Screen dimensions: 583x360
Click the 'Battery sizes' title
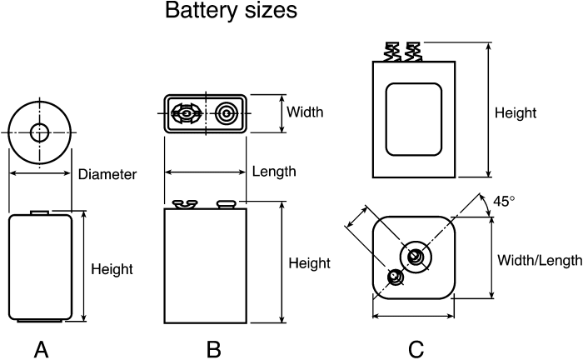(231, 10)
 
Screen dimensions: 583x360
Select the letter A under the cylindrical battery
(42, 350)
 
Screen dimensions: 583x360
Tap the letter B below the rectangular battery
(214, 350)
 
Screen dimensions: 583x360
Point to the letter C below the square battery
(416, 350)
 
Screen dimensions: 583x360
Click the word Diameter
(107, 174)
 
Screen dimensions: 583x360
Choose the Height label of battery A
(112, 269)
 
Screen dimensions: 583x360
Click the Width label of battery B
(305, 112)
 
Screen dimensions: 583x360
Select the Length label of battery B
(274, 172)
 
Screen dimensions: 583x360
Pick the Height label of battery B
(309, 263)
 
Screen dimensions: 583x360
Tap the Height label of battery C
(516, 112)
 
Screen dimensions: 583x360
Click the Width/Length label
(540, 260)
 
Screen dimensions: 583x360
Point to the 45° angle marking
(504, 201)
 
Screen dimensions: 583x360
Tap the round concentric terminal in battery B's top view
(226, 112)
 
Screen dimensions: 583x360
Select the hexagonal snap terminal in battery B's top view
(187, 113)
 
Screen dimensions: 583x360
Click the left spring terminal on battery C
(392, 52)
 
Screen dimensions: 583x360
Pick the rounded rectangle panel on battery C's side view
(413, 119)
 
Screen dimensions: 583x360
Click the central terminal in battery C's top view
(416, 257)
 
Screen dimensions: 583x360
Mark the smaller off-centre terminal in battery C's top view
(395, 277)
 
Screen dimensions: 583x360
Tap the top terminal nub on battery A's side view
(40, 212)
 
